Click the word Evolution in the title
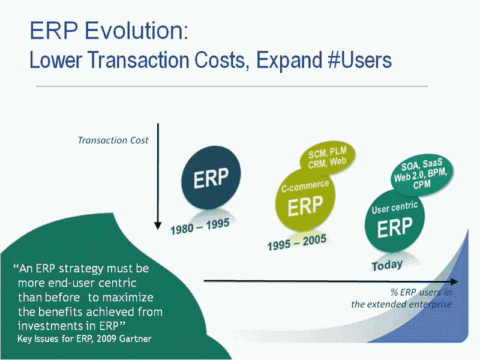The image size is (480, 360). point(136,31)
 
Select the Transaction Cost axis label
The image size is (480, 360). point(113,140)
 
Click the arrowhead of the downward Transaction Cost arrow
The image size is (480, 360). point(158,226)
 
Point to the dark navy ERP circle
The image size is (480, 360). point(211,178)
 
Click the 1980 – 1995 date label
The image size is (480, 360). point(200,227)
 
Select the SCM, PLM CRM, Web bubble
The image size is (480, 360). point(328,157)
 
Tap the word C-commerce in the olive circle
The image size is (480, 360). point(305,186)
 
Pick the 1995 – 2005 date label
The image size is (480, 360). point(297,242)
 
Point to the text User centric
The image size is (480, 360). point(395,208)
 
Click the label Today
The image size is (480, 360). point(387,265)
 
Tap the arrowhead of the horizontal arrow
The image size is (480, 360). point(455,281)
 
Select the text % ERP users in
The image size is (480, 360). point(421,292)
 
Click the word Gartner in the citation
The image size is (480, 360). point(135,339)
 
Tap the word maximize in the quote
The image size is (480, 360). point(127,298)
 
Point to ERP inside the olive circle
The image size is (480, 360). point(305,206)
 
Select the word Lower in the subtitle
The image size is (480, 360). point(56,59)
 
